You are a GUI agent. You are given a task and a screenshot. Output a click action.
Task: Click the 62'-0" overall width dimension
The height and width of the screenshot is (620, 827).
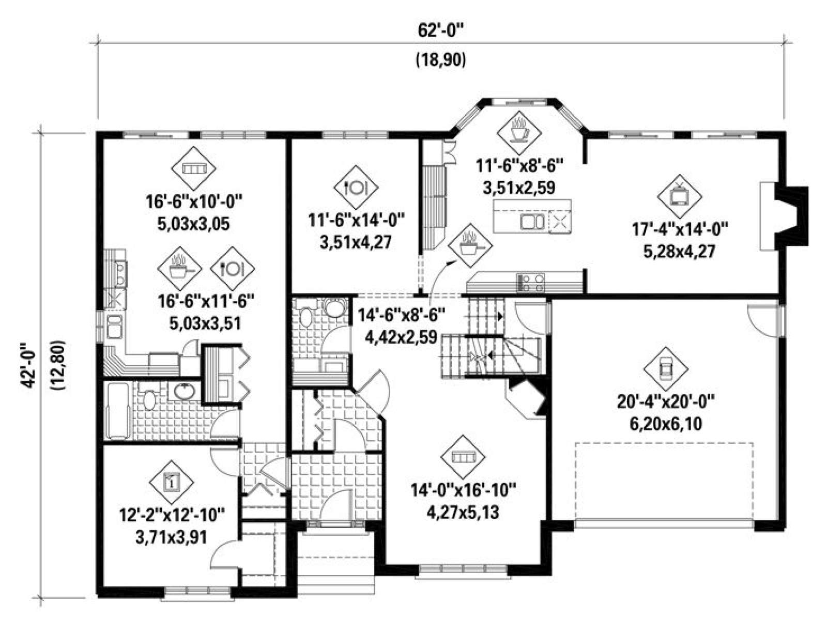pyautogui.click(x=440, y=31)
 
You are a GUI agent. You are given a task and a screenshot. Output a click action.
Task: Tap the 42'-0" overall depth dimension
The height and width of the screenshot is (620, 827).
pyautogui.click(x=28, y=364)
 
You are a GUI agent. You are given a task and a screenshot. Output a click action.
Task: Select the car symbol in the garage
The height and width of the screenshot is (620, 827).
pyautogui.click(x=666, y=369)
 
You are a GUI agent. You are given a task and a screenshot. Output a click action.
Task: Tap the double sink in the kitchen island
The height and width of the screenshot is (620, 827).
pyautogui.click(x=532, y=221)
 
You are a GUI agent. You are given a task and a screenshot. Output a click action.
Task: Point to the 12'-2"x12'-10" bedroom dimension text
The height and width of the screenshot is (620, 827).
pyautogui.click(x=172, y=515)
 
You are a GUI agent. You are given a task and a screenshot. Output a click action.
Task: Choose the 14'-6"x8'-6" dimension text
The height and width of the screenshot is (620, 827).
pyautogui.click(x=402, y=315)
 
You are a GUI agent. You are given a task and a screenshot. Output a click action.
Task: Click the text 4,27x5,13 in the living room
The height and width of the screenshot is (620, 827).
pyautogui.click(x=463, y=513)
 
